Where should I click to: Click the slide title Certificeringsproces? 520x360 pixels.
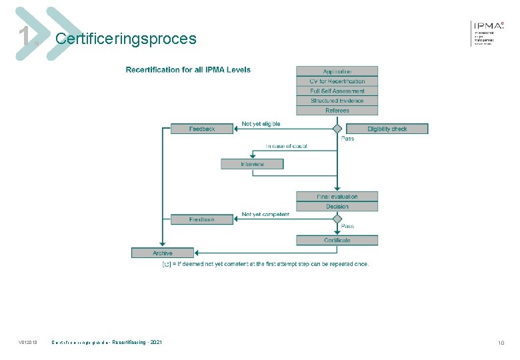(126, 39)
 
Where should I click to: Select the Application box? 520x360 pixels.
(337, 71)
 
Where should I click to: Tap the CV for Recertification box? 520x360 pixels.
(337, 81)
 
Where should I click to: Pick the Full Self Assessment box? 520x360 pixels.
(337, 91)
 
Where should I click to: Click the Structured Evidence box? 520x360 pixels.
(337, 101)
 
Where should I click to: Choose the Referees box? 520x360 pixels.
(337, 111)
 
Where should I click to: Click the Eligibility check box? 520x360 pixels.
(387, 129)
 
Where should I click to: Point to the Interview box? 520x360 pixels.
(252, 164)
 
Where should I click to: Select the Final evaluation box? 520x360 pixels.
(337, 197)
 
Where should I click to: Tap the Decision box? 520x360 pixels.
(337, 207)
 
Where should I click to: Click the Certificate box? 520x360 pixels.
(337, 240)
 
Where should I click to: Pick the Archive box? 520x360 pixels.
(163, 253)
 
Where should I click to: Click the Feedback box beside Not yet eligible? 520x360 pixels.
(202, 129)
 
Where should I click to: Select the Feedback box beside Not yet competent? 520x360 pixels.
(202, 219)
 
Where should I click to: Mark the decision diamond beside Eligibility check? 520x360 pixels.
(337, 129)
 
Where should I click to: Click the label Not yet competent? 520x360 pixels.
(265, 215)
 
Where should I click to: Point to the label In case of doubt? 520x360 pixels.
(287, 146)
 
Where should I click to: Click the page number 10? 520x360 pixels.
(501, 343)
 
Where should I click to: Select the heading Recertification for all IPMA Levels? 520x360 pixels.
(189, 69)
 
